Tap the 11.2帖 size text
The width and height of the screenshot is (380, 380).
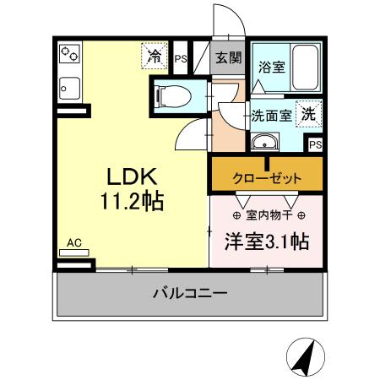[x=133, y=203]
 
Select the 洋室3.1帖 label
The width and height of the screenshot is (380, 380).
[x=265, y=242]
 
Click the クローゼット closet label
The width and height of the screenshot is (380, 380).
[x=267, y=179]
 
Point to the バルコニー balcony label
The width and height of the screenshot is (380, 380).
[x=189, y=295]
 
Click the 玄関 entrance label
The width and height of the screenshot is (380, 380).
[x=227, y=57]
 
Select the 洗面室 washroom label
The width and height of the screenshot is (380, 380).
[x=272, y=116]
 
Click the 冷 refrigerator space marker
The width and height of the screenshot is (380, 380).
[x=155, y=57]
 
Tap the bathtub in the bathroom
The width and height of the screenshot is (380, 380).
[x=303, y=68]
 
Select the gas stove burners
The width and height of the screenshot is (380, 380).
[x=68, y=56]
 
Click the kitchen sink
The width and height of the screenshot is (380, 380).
[x=68, y=86]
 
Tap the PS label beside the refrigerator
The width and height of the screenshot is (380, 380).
[x=181, y=58]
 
